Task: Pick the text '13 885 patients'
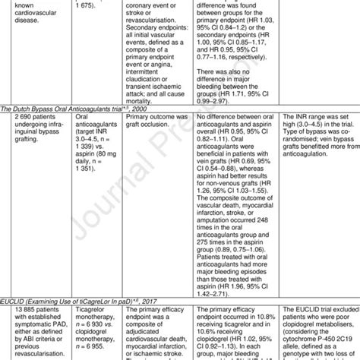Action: pyautogui.click(x=27, y=289)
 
